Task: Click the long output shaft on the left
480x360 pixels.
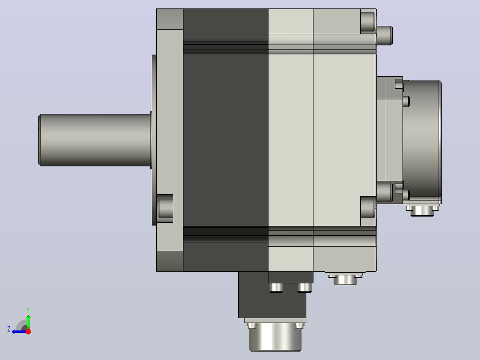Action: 95,140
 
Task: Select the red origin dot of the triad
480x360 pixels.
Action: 28,331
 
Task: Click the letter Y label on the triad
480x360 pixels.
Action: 28,310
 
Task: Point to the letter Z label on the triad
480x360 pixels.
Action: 9,329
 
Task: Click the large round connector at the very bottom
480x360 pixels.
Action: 275,336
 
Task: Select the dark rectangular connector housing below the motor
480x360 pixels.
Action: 272,295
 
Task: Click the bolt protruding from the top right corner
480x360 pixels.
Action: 384,36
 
